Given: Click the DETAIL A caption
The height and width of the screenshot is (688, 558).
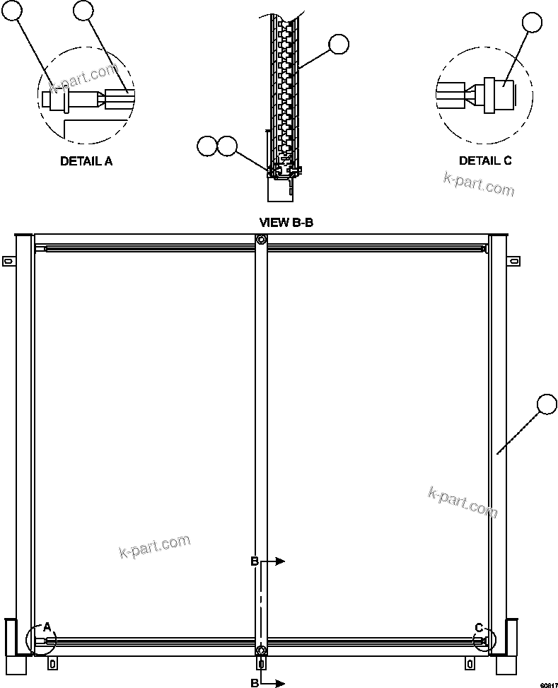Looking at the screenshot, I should tap(86, 161).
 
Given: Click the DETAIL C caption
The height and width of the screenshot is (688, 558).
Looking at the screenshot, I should tap(485, 161).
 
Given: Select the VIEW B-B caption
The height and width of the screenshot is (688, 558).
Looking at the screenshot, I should tap(286, 222).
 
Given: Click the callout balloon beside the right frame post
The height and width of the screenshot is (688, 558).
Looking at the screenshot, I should tap(548, 404).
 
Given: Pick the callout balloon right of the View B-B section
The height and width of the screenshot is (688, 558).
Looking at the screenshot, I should tap(339, 45).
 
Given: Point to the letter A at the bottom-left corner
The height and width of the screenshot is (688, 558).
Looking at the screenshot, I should tap(47, 626).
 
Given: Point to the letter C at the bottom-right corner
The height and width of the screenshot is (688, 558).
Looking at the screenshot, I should tap(479, 626).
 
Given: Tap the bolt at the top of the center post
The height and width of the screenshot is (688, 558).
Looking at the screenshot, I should tap(262, 240).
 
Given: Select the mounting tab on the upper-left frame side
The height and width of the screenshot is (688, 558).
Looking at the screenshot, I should tap(8, 262).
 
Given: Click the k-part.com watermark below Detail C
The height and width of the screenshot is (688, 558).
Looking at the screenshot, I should tap(479, 184).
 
